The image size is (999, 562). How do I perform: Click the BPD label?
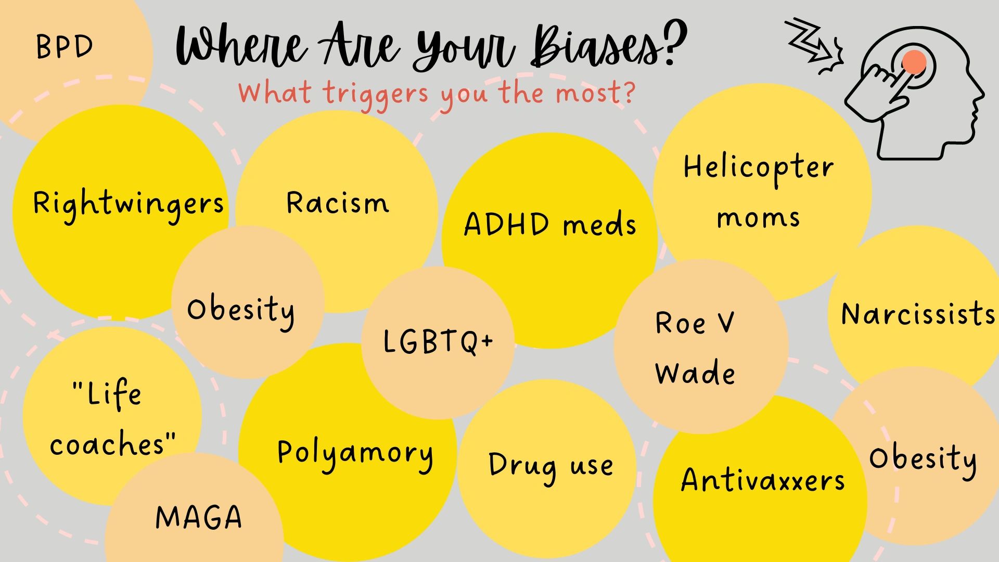pyautogui.click(x=64, y=47)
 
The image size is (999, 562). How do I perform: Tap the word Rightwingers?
pyautogui.click(x=128, y=206)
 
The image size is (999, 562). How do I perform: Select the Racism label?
pyautogui.click(x=338, y=203)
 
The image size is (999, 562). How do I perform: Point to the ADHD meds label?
pyautogui.click(x=550, y=224)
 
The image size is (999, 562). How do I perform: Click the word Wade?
pyautogui.click(x=695, y=372)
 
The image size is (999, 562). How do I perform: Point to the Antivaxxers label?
pyautogui.click(x=763, y=479)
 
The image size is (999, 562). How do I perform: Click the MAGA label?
pyautogui.click(x=199, y=517)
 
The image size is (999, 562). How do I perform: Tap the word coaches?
pyautogui.click(x=107, y=445)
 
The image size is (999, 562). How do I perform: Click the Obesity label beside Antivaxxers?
pyautogui.click(x=923, y=460)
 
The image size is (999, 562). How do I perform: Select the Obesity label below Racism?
pyautogui.click(x=241, y=312)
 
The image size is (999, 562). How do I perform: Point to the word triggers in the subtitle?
pyautogui.click(x=375, y=95)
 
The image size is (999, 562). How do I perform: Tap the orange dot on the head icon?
pyautogui.click(x=914, y=62)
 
